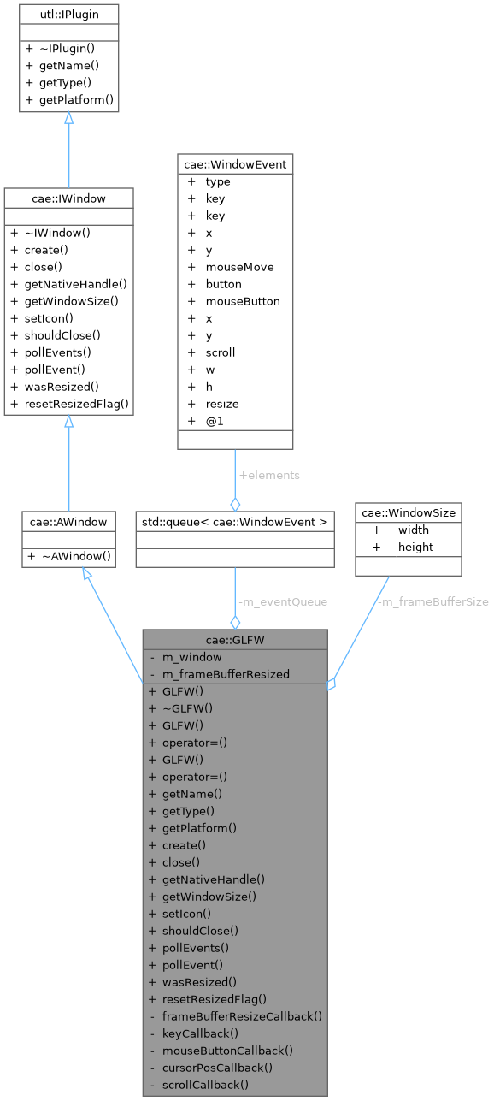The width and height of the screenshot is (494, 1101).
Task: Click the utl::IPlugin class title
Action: pos(68,15)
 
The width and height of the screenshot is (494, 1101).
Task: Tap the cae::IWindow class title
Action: pos(68,198)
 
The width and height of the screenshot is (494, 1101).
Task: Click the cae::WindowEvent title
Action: pos(235,163)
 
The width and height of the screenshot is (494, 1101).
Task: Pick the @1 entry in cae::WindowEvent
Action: pos(215,421)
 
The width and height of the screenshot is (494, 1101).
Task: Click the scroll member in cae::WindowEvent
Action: pos(220,352)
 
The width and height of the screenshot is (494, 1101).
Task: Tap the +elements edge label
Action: pos(270,475)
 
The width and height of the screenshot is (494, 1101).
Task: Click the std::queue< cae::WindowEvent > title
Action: pos(235,520)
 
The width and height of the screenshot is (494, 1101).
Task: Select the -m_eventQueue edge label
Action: pos(270,601)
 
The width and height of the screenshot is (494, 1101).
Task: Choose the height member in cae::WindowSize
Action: pos(415,547)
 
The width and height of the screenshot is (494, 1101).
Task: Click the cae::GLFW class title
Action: pos(235,640)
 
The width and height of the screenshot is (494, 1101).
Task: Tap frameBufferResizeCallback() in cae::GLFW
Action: pos(241,1016)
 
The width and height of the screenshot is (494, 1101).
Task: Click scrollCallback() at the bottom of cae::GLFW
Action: pos(205,1085)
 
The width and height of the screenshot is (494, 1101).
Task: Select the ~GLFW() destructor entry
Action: pos(187,708)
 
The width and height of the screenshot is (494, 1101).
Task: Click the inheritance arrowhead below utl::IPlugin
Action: pos(68,119)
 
